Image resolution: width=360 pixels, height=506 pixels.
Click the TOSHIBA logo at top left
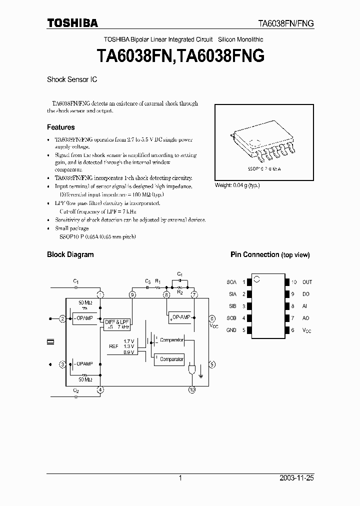coord(72,22)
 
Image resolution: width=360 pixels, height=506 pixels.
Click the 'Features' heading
coord(60,127)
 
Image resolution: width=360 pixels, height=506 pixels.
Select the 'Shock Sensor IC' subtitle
coord(72,79)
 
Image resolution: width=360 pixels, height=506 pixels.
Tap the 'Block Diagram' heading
coord(70,254)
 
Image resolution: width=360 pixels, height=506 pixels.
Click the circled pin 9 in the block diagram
coord(132,295)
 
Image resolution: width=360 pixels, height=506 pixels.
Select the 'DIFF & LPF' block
coord(117,323)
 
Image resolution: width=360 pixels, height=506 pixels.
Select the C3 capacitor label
coord(147,281)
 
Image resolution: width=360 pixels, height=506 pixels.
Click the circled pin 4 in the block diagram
coord(100,389)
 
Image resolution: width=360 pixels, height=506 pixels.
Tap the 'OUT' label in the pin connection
coord(307,282)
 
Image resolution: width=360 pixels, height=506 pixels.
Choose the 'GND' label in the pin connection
coord(231,330)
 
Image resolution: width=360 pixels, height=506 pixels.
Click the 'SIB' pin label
coord(231,306)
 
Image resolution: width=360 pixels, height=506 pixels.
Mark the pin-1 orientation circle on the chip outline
coord(256,278)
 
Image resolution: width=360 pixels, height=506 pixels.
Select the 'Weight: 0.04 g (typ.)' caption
coord(237,185)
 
